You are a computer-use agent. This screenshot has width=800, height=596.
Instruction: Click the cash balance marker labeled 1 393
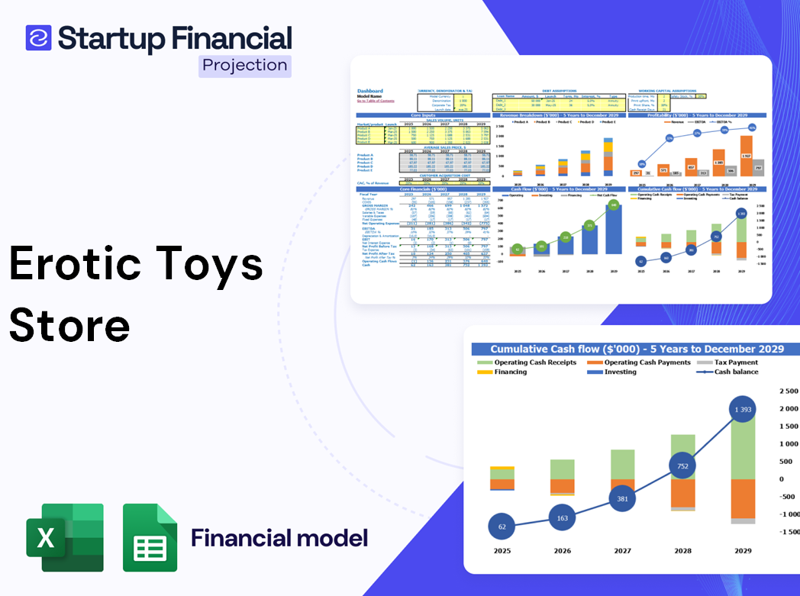[x=738, y=411]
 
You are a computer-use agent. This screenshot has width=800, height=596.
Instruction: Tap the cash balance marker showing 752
[x=682, y=466]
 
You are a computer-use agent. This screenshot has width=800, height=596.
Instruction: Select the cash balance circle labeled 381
[x=622, y=498]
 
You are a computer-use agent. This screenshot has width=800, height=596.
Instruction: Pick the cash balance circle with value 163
[x=563, y=518]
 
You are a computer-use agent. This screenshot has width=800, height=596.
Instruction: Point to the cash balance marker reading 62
[x=502, y=527]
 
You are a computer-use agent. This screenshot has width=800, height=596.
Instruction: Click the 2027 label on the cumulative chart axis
[x=622, y=550]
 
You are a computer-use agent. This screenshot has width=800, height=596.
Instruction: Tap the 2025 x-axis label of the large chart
[x=502, y=550]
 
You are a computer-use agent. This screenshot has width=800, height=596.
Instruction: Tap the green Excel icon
[x=65, y=537]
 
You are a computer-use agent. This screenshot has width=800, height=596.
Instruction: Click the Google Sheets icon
[x=150, y=537]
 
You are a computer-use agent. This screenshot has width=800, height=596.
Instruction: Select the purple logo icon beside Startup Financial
[x=38, y=37]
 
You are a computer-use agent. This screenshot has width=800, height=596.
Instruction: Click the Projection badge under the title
[x=245, y=66]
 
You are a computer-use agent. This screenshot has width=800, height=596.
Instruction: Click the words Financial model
[x=279, y=537]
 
